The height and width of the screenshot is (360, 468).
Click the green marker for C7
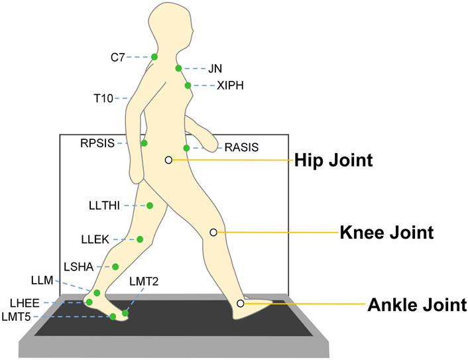[x=154, y=57]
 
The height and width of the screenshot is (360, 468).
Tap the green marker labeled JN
[x=179, y=68]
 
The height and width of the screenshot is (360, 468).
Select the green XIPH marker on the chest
[x=188, y=86]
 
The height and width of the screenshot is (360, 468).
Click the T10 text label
[x=103, y=99]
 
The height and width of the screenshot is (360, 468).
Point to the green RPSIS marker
[x=144, y=143]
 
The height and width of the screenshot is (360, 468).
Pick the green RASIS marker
[x=187, y=148]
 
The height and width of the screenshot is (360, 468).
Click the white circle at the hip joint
[x=168, y=160]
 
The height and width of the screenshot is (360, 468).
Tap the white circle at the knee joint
[x=213, y=232]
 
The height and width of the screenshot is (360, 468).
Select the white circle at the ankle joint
[x=241, y=304]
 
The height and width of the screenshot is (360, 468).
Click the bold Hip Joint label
[x=333, y=160]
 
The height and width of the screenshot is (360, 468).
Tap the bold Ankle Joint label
[x=414, y=306]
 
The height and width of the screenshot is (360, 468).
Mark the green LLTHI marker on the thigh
[x=150, y=206]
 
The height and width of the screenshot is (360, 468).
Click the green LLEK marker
[x=141, y=239]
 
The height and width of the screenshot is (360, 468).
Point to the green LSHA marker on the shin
[x=115, y=267]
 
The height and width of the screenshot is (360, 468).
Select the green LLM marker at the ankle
[x=97, y=293]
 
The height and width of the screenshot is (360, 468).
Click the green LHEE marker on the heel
[x=89, y=302]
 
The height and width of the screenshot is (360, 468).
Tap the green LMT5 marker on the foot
[x=113, y=317]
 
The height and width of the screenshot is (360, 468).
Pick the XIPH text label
[x=231, y=86]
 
